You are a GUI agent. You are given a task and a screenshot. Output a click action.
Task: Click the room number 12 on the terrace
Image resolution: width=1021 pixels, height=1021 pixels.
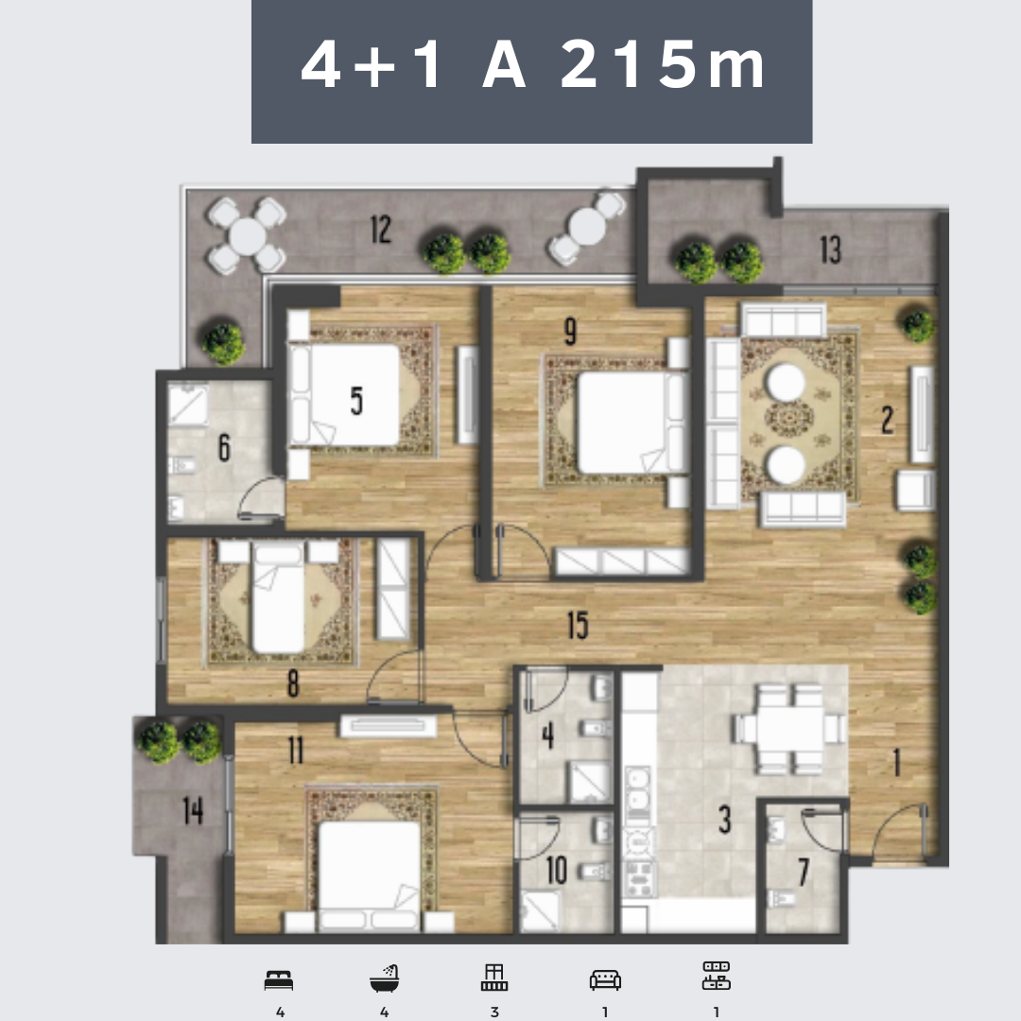click(381, 229)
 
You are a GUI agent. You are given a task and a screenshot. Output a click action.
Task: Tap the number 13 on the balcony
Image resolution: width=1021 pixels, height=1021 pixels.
click(830, 250)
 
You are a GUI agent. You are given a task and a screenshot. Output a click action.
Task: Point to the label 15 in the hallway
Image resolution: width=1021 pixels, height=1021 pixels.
click(578, 625)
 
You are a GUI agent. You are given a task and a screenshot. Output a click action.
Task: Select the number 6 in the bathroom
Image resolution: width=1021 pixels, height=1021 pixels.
click(224, 447)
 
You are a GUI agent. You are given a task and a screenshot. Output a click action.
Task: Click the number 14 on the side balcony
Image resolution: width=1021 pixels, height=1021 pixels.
click(193, 811)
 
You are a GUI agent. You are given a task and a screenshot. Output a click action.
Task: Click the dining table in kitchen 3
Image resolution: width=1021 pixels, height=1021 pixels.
click(789, 729)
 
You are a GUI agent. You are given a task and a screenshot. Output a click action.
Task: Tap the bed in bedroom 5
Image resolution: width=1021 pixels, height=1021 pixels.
click(345, 394)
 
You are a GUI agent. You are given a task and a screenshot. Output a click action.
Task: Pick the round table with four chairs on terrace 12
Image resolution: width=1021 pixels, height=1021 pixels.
click(247, 235)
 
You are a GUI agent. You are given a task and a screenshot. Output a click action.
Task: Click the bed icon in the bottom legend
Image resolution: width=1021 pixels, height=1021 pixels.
click(279, 980)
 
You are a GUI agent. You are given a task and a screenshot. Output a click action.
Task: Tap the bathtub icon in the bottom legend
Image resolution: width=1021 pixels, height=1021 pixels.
click(384, 978)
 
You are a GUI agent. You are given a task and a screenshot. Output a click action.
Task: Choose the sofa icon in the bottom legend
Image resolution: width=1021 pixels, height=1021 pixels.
click(605, 980)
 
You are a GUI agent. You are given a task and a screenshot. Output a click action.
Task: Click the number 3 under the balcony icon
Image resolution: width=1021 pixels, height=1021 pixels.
click(494, 1012)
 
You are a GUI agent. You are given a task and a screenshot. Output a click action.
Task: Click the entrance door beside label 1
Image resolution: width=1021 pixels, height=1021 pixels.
click(899, 834)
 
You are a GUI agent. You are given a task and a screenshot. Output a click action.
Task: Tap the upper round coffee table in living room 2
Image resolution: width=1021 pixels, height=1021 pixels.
click(786, 382)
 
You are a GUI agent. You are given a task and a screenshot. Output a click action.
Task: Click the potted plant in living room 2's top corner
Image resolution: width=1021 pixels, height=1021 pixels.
click(918, 325)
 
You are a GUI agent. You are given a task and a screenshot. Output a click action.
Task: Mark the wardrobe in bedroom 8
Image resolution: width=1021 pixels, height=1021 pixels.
click(393, 589)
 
